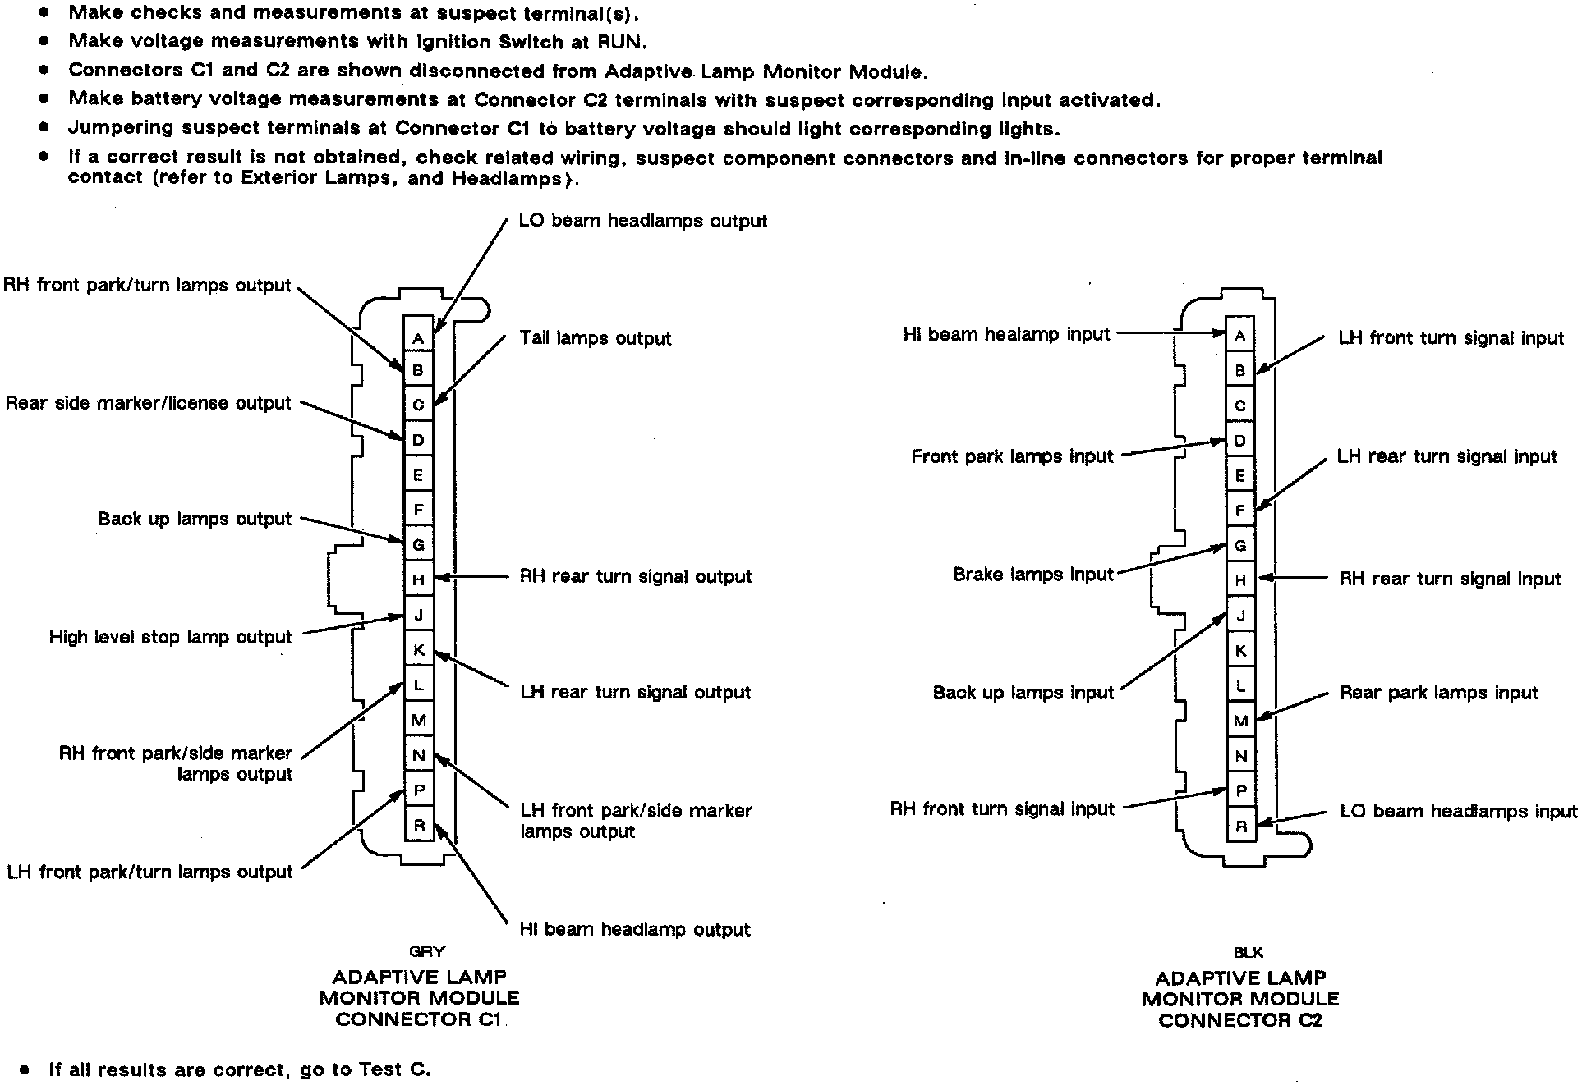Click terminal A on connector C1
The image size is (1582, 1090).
(418, 337)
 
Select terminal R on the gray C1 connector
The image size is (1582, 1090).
(419, 825)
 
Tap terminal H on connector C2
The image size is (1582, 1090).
(1240, 580)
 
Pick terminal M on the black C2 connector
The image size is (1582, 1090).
(1240, 721)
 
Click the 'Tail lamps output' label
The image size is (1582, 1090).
(596, 339)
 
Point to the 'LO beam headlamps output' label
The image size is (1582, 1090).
(642, 222)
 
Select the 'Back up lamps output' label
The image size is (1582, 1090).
(195, 520)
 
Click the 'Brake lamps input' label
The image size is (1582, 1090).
(1033, 575)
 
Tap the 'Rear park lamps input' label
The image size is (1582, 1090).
(1438, 693)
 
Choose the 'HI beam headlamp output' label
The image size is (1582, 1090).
(635, 929)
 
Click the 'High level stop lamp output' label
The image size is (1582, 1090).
(171, 638)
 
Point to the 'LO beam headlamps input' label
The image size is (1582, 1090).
(1458, 812)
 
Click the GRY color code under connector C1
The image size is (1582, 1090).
(426, 952)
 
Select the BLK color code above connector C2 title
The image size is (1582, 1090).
(1248, 953)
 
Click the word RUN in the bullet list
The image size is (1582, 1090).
(620, 42)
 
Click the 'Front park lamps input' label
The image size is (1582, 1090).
(1012, 457)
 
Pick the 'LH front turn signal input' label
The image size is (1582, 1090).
(1451, 338)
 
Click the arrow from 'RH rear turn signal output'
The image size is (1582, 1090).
(471, 578)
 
